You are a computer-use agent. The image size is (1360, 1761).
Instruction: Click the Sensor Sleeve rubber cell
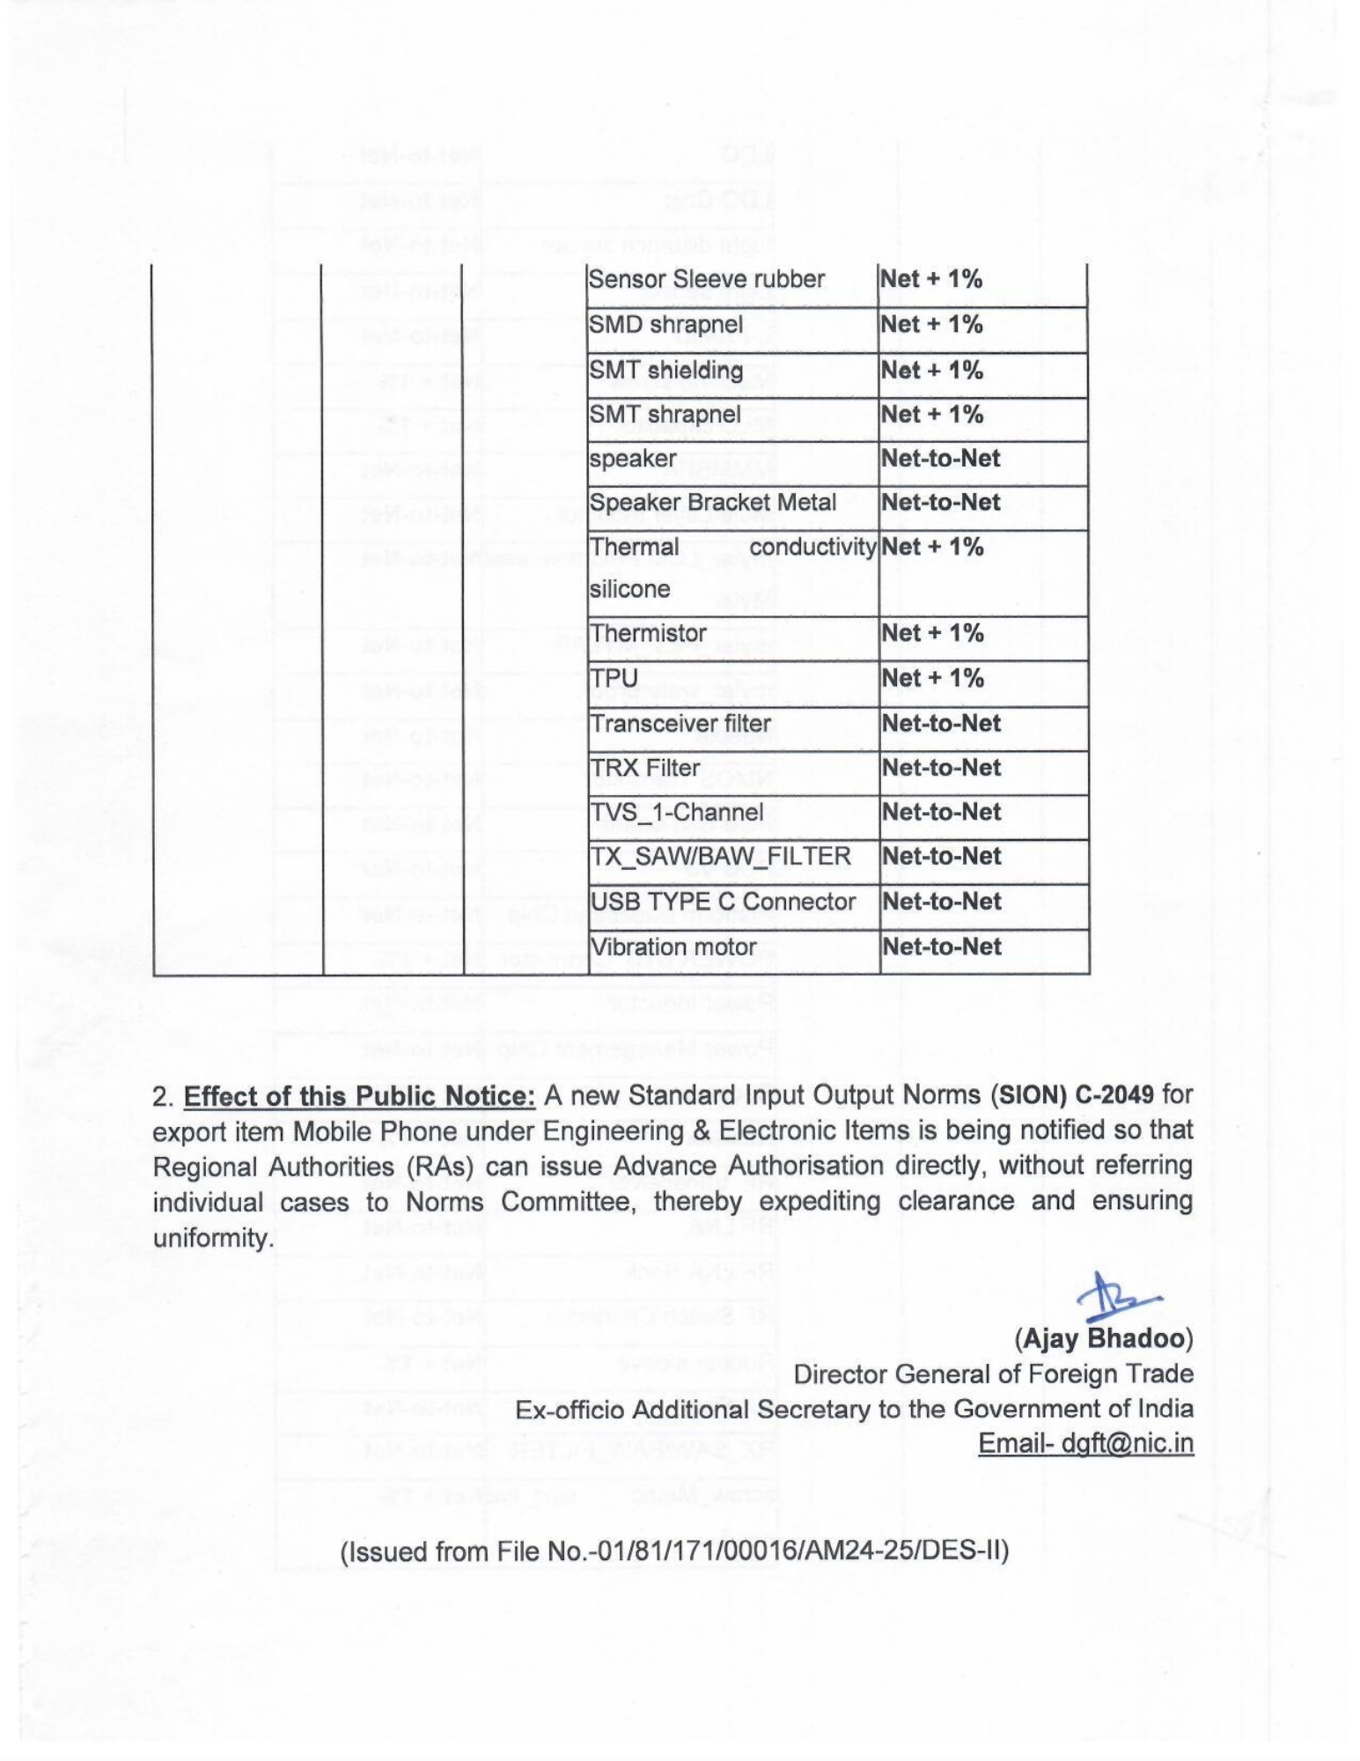[706, 279]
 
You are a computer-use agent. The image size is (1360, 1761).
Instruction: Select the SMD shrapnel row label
[665, 324]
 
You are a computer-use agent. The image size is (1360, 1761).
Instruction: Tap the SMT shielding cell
[665, 370]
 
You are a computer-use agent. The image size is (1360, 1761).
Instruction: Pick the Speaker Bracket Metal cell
[712, 503]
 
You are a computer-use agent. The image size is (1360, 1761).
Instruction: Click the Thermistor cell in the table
[648, 633]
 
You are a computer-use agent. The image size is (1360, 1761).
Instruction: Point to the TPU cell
[614, 678]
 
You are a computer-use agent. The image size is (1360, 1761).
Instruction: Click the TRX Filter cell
[645, 768]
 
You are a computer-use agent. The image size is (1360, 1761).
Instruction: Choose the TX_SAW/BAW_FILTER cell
[720, 856]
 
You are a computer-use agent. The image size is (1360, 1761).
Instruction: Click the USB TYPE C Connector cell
[722, 902]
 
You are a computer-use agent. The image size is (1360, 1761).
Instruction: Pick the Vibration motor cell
[673, 947]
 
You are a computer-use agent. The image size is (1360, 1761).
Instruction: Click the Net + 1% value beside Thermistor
[931, 633]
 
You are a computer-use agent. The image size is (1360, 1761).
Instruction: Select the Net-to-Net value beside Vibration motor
[941, 947]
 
